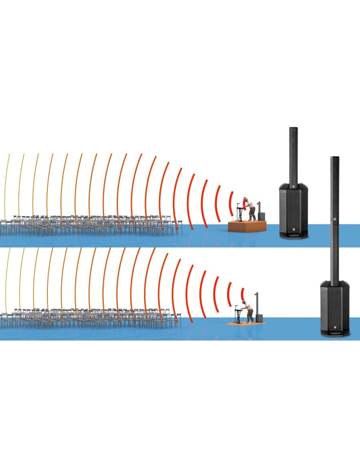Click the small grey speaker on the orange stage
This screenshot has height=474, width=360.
point(262,212)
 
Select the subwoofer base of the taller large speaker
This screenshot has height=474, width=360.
point(334,308)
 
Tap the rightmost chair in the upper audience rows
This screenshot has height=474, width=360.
point(179,227)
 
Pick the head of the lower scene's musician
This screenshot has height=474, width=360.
point(245,302)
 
